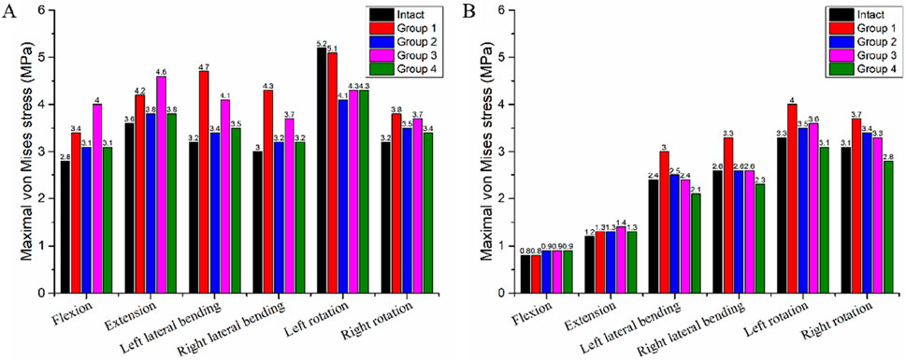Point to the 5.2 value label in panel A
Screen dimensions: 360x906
point(323,43)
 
